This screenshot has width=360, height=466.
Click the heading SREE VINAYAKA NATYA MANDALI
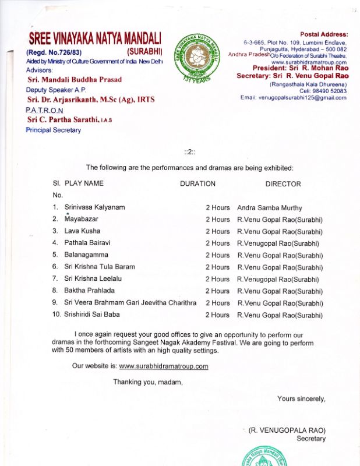point(96,39)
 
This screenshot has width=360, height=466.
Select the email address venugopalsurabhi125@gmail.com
point(293,98)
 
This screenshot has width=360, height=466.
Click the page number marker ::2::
point(190,152)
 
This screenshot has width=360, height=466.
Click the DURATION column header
point(197,184)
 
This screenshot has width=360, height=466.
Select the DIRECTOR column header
point(283,184)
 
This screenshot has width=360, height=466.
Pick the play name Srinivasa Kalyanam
point(94,207)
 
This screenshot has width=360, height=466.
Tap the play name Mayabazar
point(81,220)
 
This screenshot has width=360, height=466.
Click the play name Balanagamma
point(86,255)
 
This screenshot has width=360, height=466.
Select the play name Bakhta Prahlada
point(89,291)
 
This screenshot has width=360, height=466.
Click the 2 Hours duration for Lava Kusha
point(217,231)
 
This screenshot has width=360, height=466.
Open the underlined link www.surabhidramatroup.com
point(164,366)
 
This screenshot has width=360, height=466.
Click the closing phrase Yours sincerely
point(301,399)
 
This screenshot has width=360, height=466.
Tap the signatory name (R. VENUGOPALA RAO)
point(287,430)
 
